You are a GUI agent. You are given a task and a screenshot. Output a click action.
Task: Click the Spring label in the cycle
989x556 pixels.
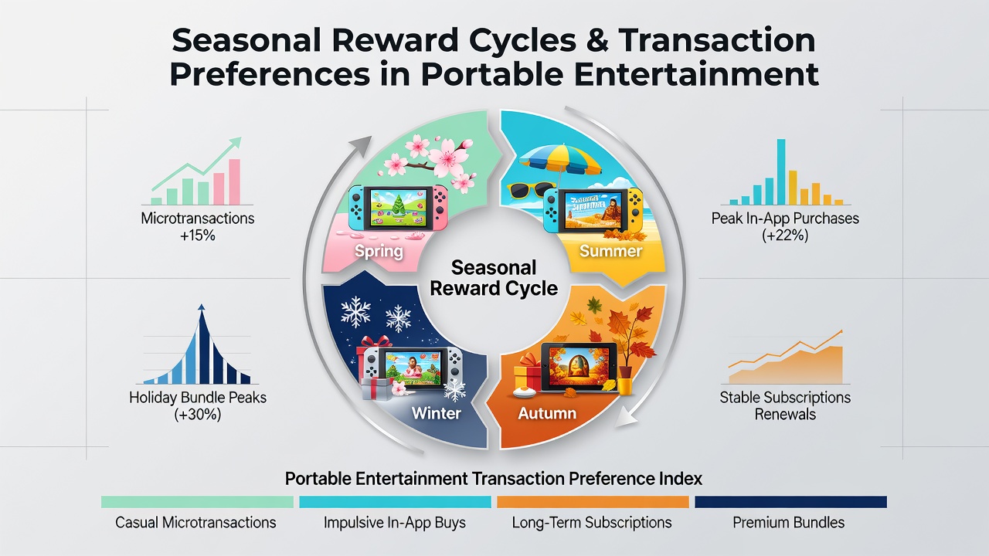click(x=379, y=252)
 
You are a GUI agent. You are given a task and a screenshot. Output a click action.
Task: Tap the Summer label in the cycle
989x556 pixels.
click(x=610, y=251)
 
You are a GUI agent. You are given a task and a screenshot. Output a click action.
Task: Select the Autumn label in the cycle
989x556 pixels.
click(x=547, y=413)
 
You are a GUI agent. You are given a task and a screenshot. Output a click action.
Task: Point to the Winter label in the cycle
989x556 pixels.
click(x=437, y=413)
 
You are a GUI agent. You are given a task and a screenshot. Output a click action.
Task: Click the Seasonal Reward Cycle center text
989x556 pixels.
click(x=494, y=278)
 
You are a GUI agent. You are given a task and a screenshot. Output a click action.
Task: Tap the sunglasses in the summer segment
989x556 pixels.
click(x=530, y=190)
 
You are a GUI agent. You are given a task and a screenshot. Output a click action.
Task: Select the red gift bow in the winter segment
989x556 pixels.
click(x=376, y=341)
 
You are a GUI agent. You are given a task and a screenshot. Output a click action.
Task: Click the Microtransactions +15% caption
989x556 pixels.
click(x=197, y=227)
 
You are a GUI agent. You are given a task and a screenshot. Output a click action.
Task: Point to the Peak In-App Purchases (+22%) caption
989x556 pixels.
click(x=785, y=227)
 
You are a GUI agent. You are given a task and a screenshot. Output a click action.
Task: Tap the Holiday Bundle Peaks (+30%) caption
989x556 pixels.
click(x=197, y=406)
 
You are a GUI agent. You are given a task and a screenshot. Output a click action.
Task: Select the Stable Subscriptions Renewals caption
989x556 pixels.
click(x=785, y=405)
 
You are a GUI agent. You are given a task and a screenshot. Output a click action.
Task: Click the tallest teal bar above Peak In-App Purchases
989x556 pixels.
click(x=781, y=172)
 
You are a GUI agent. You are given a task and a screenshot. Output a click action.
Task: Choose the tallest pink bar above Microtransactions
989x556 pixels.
click(x=234, y=181)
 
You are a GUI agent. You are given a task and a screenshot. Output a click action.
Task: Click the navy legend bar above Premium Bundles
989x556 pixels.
click(x=790, y=502)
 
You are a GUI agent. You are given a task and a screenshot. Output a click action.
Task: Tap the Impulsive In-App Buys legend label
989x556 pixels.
click(x=394, y=523)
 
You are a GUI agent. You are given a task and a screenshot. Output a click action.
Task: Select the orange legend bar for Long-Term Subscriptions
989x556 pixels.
click(x=593, y=502)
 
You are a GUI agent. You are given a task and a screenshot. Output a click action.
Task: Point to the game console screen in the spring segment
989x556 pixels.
click(x=398, y=207)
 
